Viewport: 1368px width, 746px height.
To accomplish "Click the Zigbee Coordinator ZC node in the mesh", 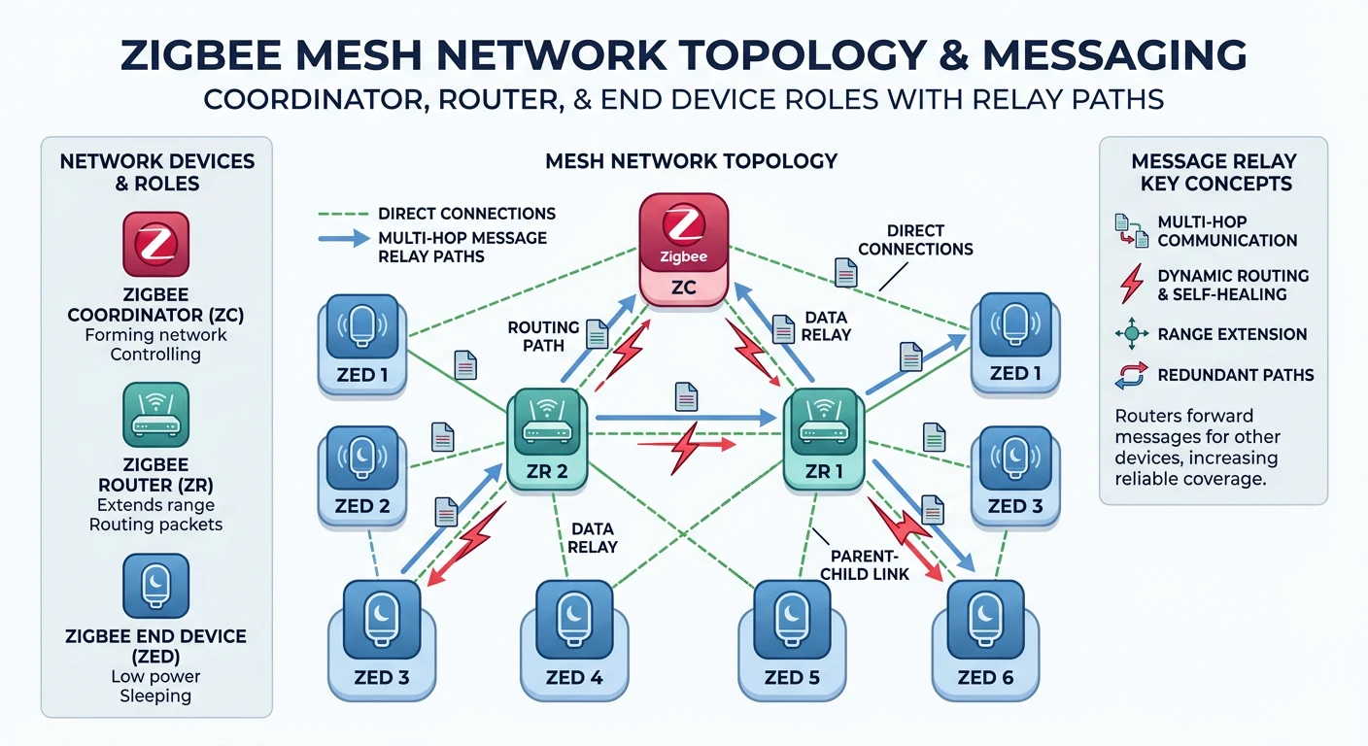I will click(684, 248).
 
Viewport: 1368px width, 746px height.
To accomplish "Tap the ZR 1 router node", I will click(824, 437).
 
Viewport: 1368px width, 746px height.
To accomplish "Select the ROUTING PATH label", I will click(543, 336).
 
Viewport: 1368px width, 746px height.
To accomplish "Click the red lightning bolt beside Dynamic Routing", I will click(1131, 285).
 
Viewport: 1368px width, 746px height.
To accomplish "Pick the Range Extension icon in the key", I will click(1131, 334).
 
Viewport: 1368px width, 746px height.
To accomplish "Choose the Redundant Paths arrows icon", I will click(1131, 376).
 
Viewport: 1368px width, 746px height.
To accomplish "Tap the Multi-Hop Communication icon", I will click(1131, 231).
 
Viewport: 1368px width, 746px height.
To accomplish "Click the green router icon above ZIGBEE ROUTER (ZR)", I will click(155, 416).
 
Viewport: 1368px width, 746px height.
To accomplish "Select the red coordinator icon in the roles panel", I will click(155, 245).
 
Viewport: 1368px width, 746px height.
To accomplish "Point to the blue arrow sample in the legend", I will click(345, 239).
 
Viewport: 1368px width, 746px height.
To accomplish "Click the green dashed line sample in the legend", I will click(345, 214).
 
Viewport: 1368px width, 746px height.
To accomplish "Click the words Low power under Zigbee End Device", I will click(155, 676).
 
